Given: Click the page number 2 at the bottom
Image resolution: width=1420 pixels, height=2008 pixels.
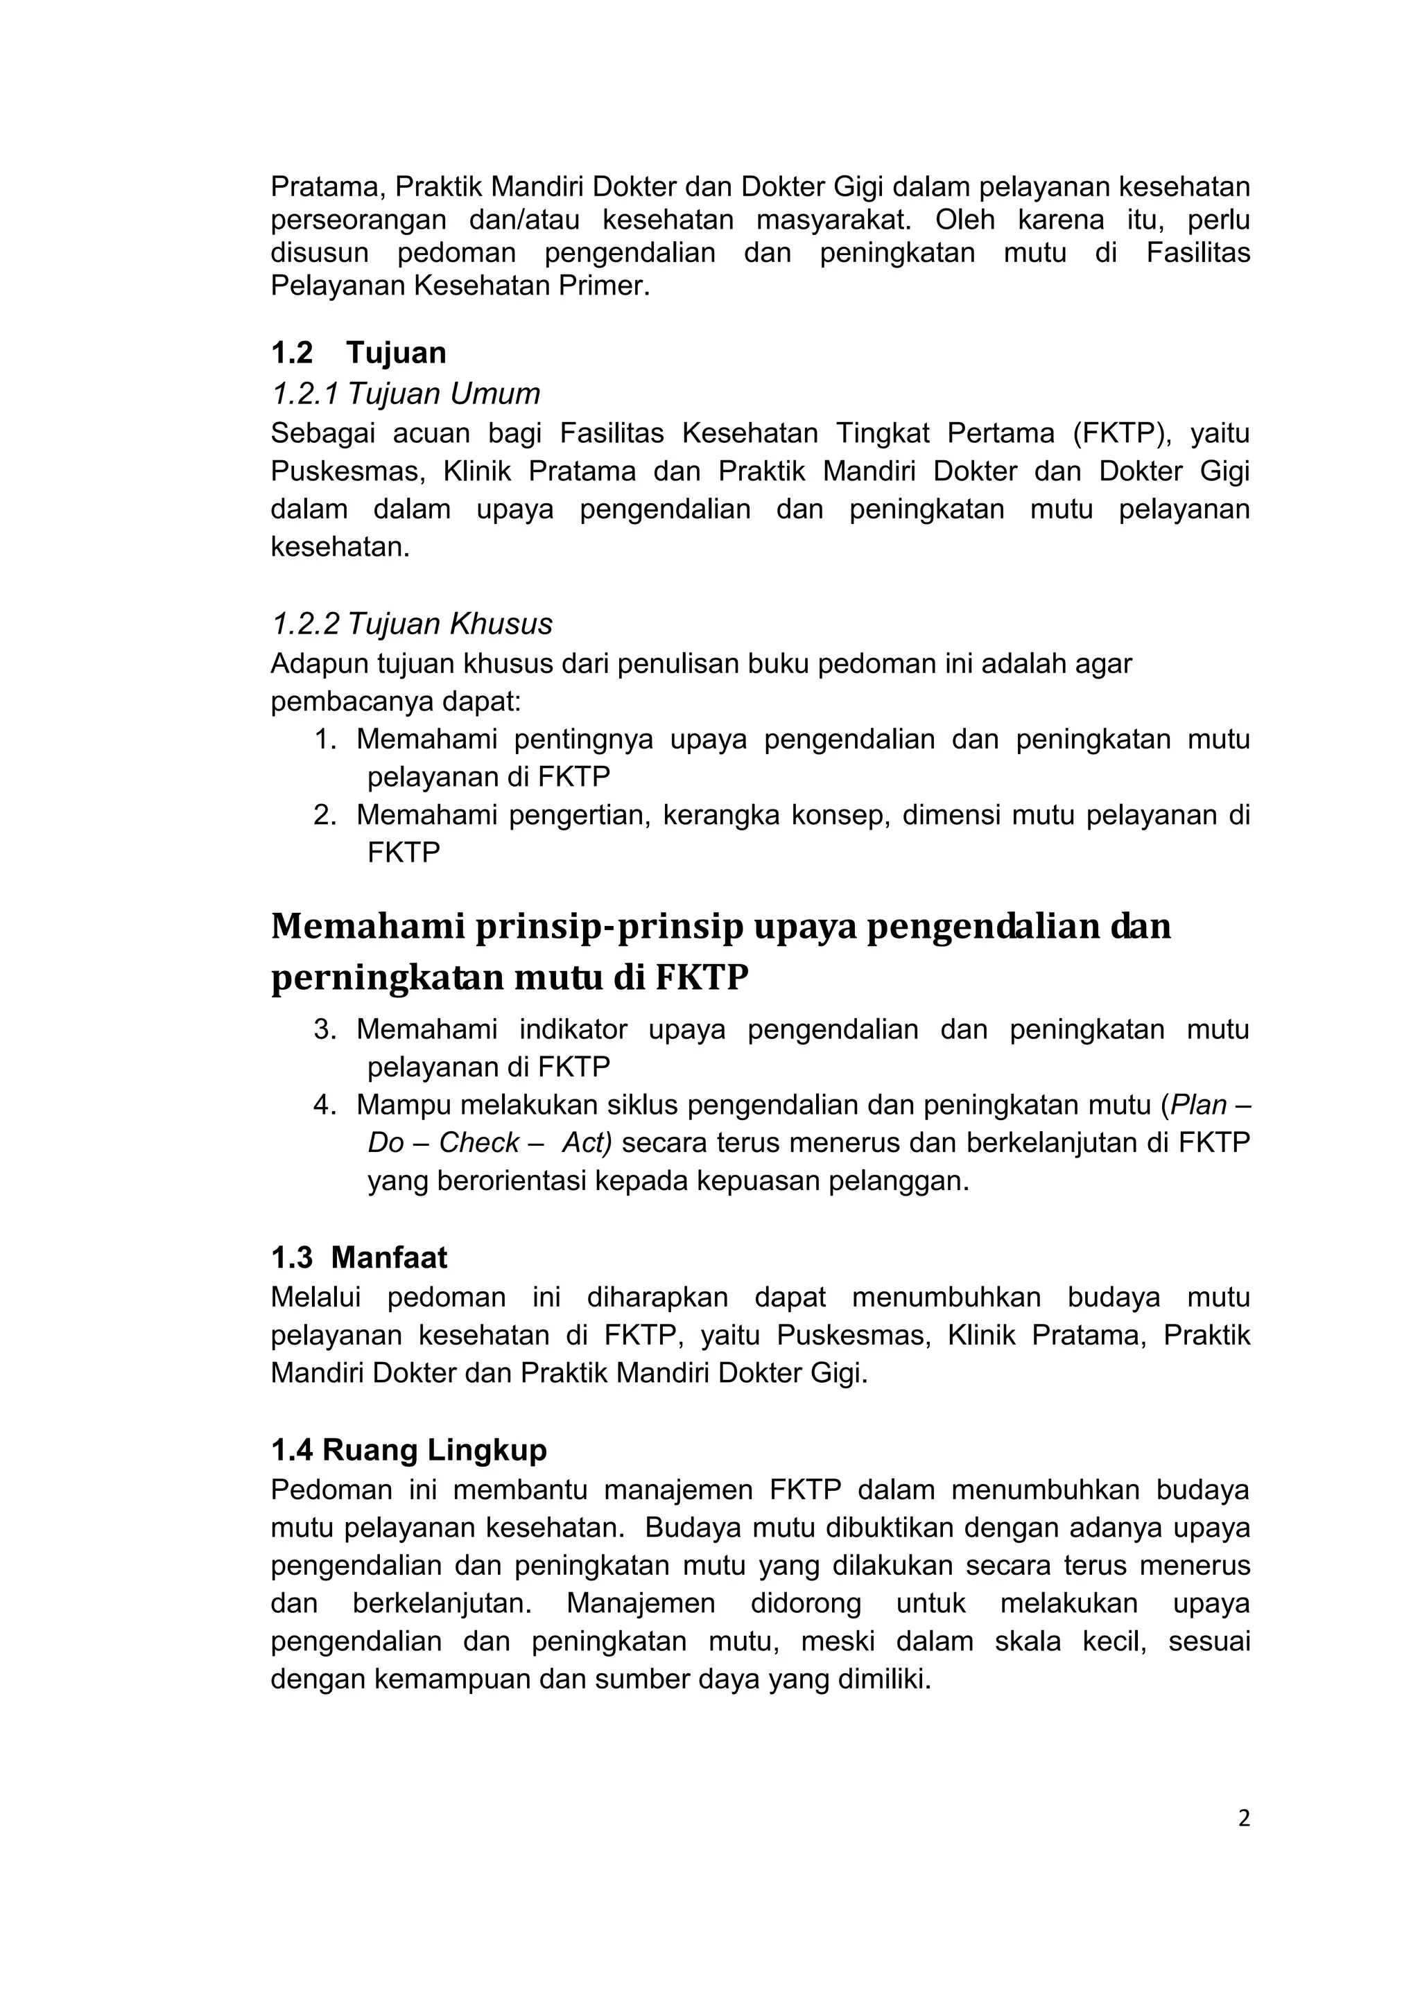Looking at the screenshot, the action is pos(1244,1819).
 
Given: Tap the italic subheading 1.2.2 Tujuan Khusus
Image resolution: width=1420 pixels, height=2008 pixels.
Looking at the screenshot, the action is pos(411,624).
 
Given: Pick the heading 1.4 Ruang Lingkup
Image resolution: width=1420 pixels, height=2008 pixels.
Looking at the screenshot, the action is pos(408,1450).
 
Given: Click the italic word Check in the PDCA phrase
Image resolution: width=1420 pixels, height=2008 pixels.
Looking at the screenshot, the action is pos(479,1143).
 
